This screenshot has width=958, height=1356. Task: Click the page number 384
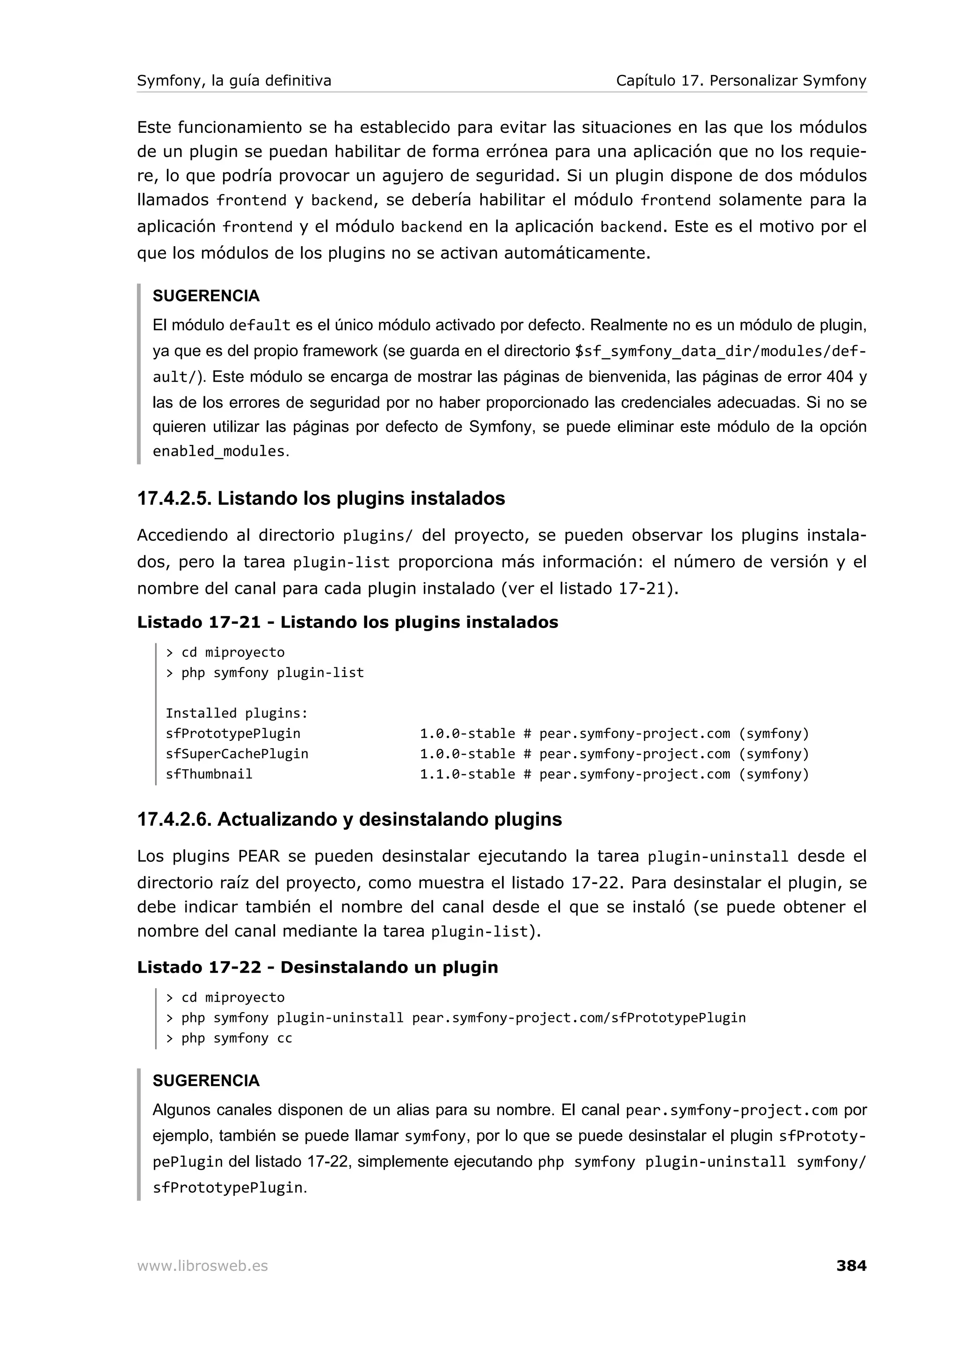tap(850, 1266)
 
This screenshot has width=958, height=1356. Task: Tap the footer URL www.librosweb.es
tap(203, 1266)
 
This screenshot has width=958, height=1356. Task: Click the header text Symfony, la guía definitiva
tap(234, 80)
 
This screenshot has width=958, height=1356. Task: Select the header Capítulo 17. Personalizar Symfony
tap(741, 80)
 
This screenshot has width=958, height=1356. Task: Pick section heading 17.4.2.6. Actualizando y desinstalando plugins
tap(349, 819)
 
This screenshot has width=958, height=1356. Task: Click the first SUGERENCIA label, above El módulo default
tap(206, 296)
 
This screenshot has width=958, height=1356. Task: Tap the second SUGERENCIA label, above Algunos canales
tap(206, 1081)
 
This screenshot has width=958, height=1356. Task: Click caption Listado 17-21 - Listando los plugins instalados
tap(347, 622)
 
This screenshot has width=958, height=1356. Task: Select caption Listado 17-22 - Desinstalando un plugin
tap(317, 967)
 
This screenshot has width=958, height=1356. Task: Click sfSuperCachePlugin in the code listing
tap(237, 754)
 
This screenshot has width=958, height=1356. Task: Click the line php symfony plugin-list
tap(272, 673)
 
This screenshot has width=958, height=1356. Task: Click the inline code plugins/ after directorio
tap(378, 536)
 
